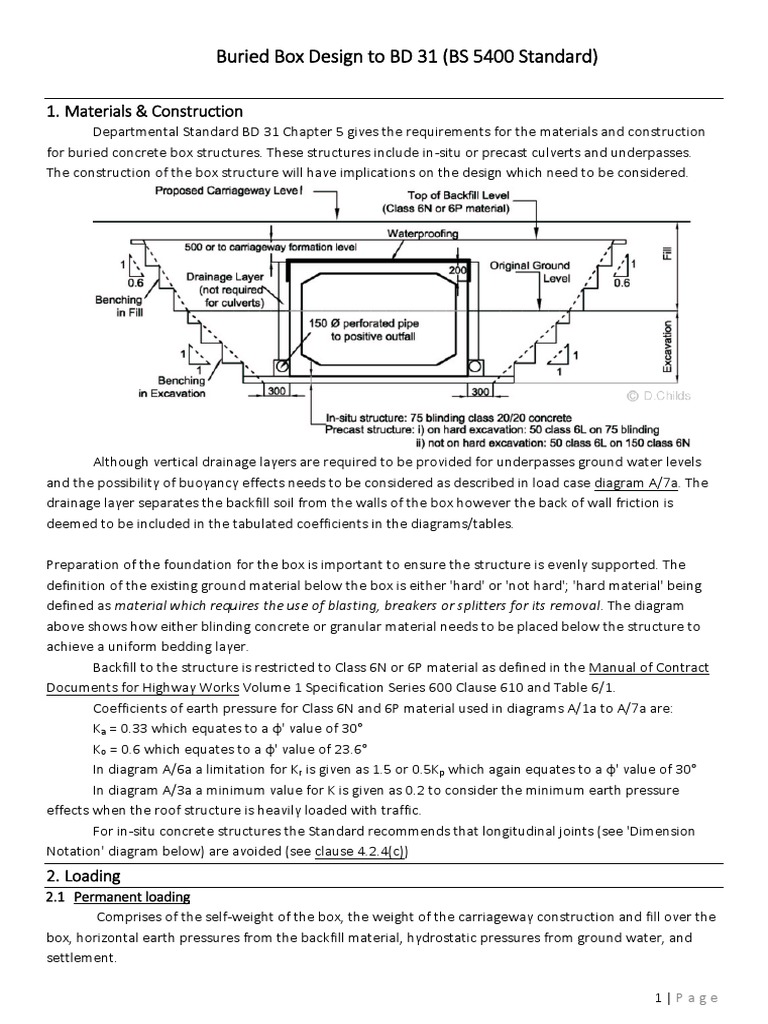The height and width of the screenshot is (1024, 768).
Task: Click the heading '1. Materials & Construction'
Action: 145,111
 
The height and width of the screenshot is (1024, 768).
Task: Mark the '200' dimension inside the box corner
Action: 459,271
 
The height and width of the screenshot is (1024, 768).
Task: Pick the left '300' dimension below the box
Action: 275,393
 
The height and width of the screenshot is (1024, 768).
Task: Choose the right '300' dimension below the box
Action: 480,393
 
